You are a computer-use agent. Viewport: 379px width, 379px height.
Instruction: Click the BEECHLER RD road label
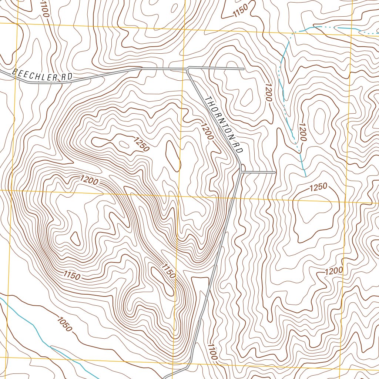[41, 75]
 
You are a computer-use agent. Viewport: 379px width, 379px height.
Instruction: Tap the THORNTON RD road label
[223, 125]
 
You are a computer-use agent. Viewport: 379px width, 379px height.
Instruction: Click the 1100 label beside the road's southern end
[212, 352]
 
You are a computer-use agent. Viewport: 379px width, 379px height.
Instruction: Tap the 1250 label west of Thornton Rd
[141, 144]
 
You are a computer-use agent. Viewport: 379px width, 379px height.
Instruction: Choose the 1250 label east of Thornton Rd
[318, 188]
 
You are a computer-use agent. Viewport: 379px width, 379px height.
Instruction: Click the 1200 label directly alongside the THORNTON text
[207, 131]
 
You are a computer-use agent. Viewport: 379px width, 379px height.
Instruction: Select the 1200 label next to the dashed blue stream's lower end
[302, 133]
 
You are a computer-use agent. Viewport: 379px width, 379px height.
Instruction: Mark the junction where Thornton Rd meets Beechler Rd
[188, 68]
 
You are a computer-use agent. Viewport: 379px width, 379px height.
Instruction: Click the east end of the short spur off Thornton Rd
[275, 172]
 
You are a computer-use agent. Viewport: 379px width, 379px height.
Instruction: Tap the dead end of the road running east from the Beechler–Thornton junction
[243, 68]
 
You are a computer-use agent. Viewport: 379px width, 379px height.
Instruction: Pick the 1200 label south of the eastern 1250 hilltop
[334, 271]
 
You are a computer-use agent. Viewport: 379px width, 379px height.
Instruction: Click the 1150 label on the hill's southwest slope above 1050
[72, 275]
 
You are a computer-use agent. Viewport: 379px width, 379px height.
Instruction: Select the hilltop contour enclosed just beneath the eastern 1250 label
[312, 211]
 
